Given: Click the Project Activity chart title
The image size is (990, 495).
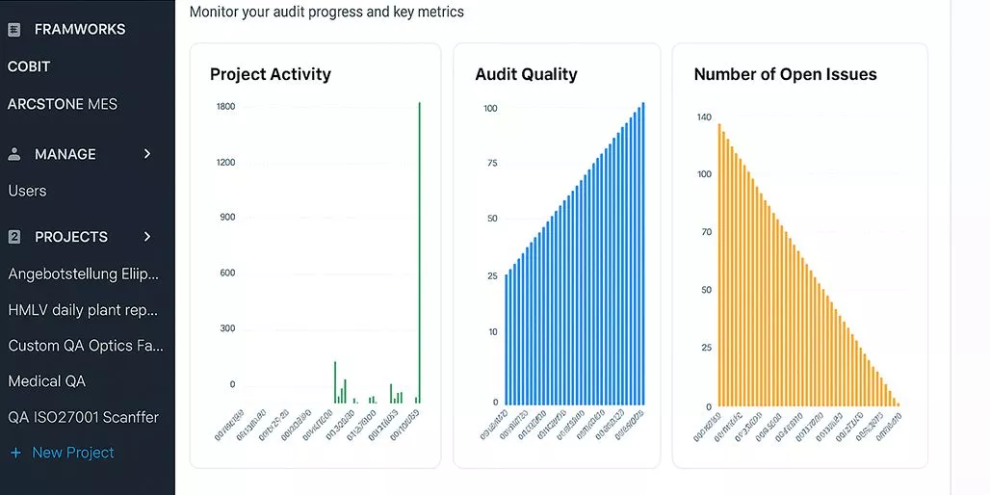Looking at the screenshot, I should [x=270, y=74].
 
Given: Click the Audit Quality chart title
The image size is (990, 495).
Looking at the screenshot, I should [x=526, y=74].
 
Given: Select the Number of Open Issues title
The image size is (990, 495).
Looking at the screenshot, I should [x=785, y=74].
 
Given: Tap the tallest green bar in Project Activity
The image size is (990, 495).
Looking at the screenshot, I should [x=419, y=250].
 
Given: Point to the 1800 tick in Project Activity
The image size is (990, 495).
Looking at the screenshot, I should [x=225, y=106].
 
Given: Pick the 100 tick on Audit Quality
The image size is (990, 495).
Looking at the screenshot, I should [x=490, y=108].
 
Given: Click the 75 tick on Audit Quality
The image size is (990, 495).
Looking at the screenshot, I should [x=492, y=163].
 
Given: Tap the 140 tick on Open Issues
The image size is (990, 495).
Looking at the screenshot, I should [x=704, y=117].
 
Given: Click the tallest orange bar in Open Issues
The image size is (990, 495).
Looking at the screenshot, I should [x=718, y=264].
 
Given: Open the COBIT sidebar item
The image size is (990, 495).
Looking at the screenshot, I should [x=29, y=66].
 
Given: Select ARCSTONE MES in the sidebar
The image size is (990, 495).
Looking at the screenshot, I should [x=63, y=104].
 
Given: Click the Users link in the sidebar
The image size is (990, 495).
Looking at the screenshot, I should [x=27, y=191].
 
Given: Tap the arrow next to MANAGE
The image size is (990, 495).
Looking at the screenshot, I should [x=147, y=154].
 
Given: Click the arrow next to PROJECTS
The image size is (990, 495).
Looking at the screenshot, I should [x=147, y=237].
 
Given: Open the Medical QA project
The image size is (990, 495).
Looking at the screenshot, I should [x=47, y=381].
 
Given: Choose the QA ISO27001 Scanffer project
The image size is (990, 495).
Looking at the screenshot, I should [x=84, y=417].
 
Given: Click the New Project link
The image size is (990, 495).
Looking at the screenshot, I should [x=72, y=453].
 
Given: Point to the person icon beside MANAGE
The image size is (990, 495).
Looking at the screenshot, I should [x=14, y=154].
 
